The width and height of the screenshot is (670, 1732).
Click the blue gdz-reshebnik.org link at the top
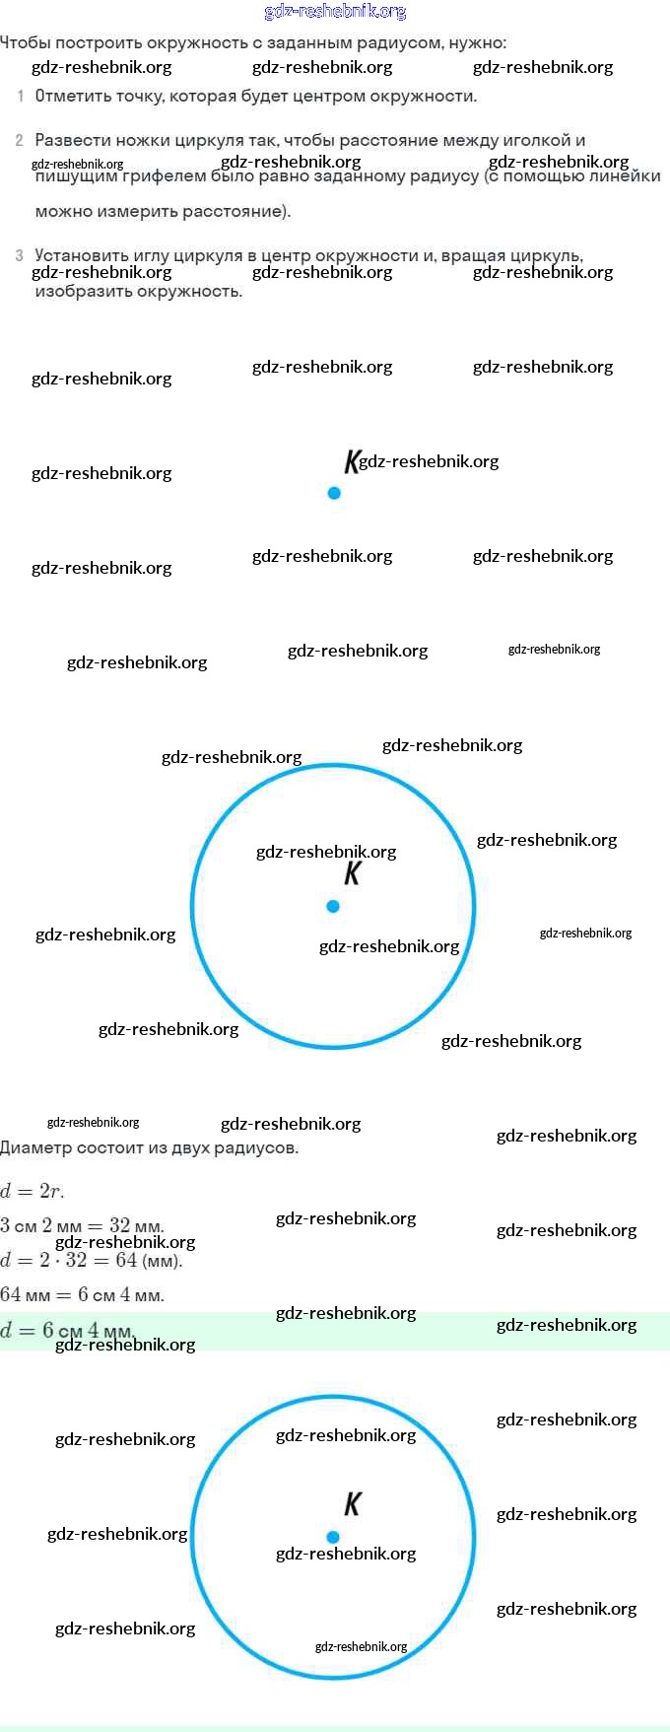(x=335, y=12)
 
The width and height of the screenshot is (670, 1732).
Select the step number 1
(x=21, y=97)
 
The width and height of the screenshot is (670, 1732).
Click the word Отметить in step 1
(x=67, y=97)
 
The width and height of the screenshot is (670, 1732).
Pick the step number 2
(x=20, y=141)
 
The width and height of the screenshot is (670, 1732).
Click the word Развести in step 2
(x=68, y=141)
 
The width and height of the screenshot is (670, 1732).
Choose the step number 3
(x=20, y=256)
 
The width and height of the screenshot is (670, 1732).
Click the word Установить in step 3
(x=76, y=256)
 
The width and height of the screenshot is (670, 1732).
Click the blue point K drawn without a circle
(x=334, y=493)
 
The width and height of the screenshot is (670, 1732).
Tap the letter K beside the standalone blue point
(x=352, y=461)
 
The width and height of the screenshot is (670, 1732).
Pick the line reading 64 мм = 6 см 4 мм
(x=82, y=1295)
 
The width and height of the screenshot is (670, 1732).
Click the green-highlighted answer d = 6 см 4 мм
(x=67, y=1331)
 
